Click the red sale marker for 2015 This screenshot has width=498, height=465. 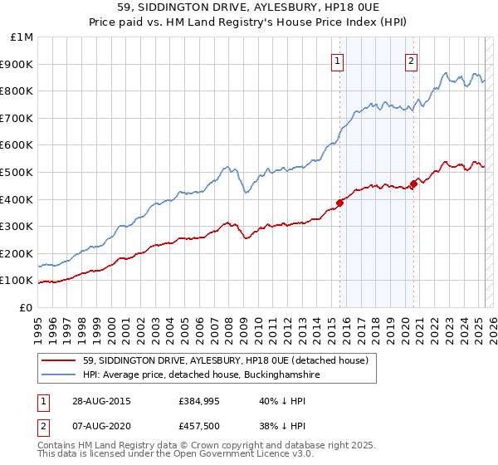click(339, 203)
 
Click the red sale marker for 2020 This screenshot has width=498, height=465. click(413, 184)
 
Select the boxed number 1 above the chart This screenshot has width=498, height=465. click(339, 59)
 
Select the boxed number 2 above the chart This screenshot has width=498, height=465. click(412, 59)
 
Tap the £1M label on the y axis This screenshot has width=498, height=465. click(22, 37)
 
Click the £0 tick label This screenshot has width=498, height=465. click(26, 307)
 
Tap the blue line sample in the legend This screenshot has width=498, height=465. click(59, 375)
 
